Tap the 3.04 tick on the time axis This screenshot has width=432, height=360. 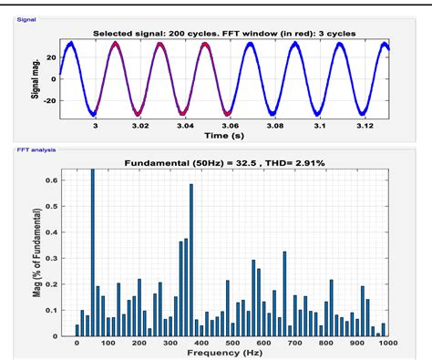click(x=184, y=125)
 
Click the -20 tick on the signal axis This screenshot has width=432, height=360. click(x=53, y=98)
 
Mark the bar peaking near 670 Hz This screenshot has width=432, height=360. click(x=284, y=292)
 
